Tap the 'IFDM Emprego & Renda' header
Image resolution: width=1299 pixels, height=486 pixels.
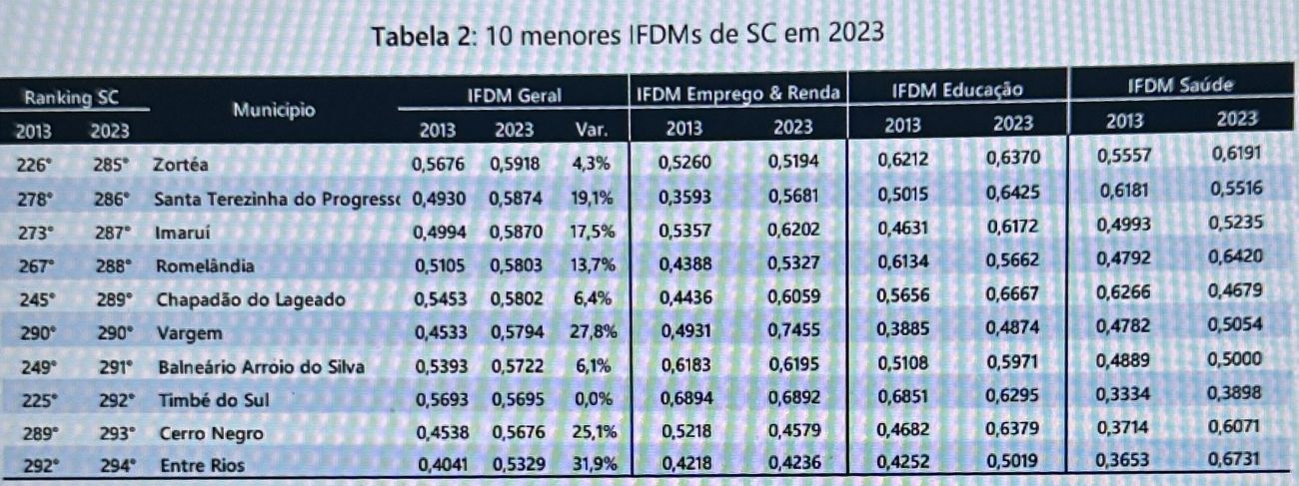pos(737,94)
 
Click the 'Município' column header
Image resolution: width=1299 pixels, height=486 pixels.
pos(274,109)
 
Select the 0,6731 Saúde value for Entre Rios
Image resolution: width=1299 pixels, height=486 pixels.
pos(1237,458)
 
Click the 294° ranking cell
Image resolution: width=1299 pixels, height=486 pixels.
pos(116,464)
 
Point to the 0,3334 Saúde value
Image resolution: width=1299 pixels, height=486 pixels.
pos(1125,395)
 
